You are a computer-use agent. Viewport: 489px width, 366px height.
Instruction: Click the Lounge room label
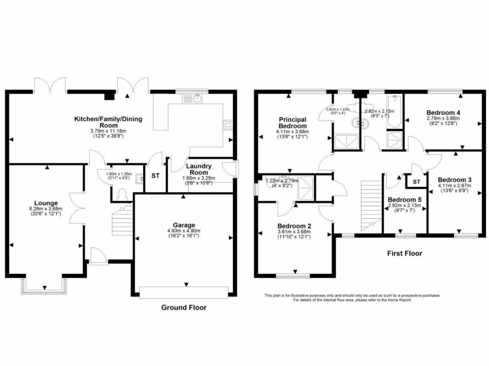pos(46,203)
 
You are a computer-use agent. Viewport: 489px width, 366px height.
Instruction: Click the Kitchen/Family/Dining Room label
pos(107,122)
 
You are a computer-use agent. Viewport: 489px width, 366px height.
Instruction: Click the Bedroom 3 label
pos(456,180)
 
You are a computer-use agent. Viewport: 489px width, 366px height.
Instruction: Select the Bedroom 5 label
pos(404,200)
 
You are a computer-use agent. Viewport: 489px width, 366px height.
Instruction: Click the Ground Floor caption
pos(184,308)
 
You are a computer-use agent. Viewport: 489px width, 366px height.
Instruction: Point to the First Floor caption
pos(404,254)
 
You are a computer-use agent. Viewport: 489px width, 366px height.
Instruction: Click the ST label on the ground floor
pos(155,176)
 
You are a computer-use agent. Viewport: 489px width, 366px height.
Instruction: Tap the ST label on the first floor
pos(416,182)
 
